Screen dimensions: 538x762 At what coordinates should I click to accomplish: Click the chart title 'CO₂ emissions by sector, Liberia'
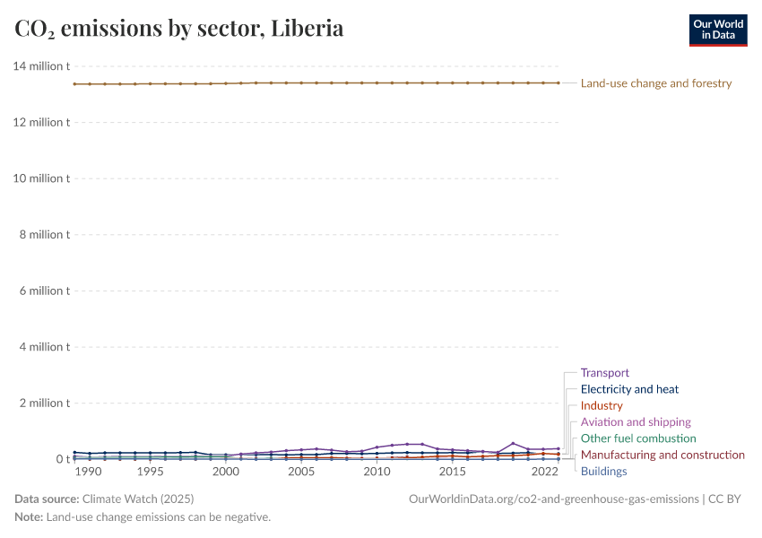pyautogui.click(x=179, y=29)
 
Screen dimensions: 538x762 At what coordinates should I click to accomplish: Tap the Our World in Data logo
pyautogui.click(x=717, y=30)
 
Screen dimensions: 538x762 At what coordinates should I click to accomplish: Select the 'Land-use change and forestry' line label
pyautogui.click(x=656, y=83)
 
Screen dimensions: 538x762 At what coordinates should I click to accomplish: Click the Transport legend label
pyautogui.click(x=604, y=373)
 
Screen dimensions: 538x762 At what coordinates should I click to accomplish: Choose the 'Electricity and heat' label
pyautogui.click(x=629, y=389)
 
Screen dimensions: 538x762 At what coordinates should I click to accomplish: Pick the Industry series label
pyautogui.click(x=601, y=406)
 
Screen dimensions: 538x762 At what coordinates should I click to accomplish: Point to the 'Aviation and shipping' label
pyautogui.click(x=636, y=422)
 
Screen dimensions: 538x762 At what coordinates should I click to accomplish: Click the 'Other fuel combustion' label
pyautogui.click(x=637, y=438)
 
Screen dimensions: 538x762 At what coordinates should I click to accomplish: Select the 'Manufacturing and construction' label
pyautogui.click(x=662, y=455)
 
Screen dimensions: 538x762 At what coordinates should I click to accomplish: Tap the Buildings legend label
pyautogui.click(x=603, y=472)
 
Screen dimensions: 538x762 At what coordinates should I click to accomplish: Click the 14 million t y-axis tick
pyautogui.click(x=41, y=66)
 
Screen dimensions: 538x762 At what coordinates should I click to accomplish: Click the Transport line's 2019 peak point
pyautogui.click(x=513, y=443)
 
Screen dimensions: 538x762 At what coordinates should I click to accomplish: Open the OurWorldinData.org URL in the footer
pyautogui.click(x=553, y=499)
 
